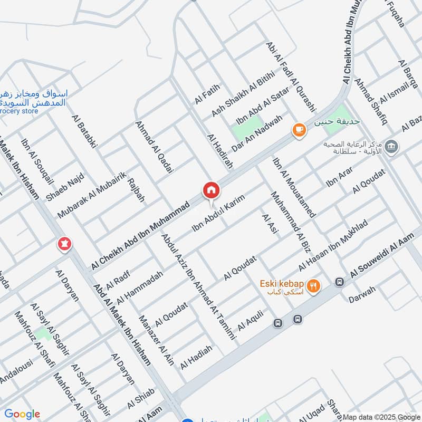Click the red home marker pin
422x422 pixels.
(211, 190)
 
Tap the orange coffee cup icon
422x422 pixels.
(299, 129)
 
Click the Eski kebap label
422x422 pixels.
(282, 284)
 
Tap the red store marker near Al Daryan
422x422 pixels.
(65, 244)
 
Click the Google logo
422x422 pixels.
(22, 414)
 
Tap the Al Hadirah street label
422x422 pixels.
(220, 151)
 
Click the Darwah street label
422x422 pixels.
(362, 298)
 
